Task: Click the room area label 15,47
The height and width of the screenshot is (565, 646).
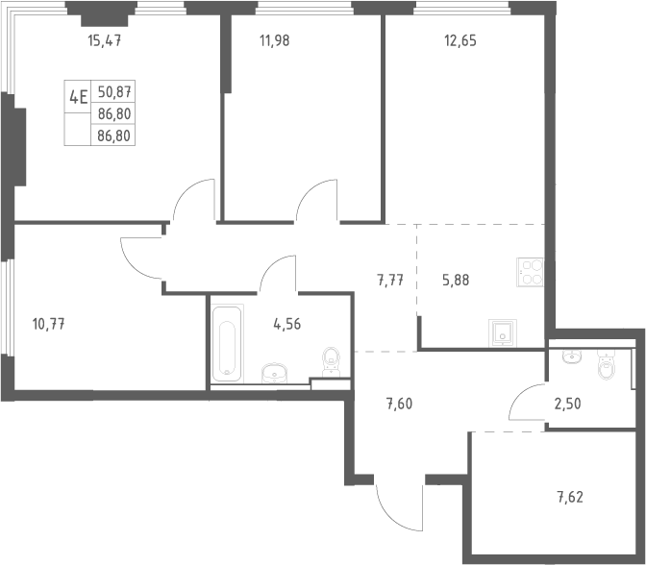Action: (105, 40)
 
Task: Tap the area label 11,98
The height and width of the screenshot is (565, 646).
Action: (274, 40)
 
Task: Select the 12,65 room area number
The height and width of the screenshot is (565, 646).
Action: (460, 40)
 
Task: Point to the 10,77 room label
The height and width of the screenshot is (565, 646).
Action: (49, 325)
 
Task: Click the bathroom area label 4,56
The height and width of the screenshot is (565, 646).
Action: (286, 325)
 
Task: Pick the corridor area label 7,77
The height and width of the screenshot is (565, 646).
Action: (390, 281)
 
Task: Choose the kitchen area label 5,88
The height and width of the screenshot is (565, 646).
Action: (456, 281)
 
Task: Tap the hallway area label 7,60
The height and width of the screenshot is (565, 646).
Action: (399, 404)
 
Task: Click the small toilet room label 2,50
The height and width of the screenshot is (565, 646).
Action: (567, 404)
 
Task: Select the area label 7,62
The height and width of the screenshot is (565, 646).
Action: (570, 498)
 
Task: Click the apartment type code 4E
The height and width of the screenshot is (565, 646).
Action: (78, 98)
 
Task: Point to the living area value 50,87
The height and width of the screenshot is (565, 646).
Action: (114, 92)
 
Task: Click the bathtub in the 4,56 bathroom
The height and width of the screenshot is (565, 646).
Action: (227, 343)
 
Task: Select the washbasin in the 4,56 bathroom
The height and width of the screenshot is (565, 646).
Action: (275, 373)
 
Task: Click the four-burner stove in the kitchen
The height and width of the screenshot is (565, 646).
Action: (531, 272)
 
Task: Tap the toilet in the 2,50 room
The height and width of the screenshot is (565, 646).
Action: (606, 363)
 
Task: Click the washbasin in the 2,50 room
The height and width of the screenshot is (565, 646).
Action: (572, 356)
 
